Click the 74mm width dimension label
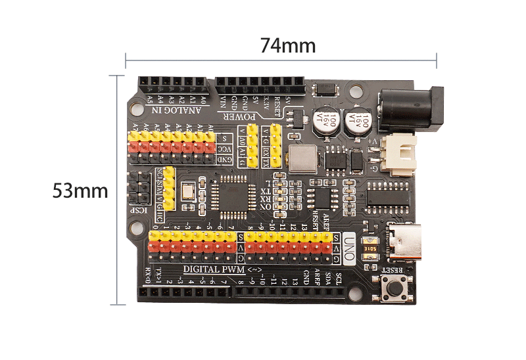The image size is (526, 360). pos(287,46)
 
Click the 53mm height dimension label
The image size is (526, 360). pos(80,191)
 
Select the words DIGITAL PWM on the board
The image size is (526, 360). pos(214,269)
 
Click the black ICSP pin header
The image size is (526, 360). pos(137,187)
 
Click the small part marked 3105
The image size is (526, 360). pos(370,249)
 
